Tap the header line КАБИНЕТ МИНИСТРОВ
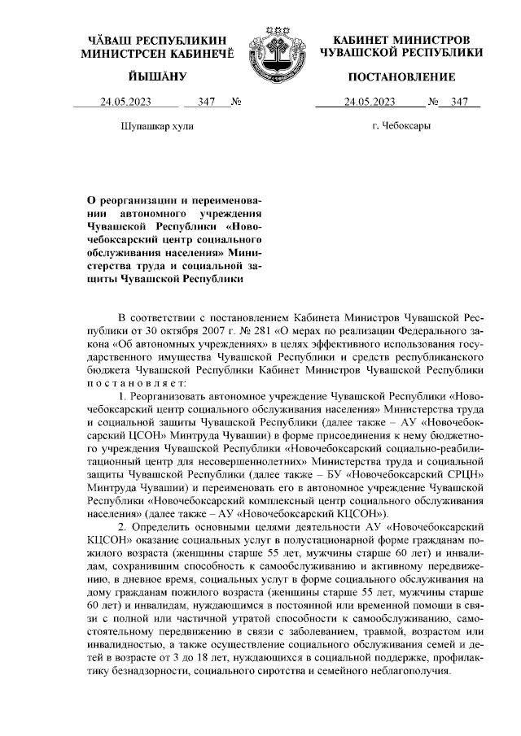401,39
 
